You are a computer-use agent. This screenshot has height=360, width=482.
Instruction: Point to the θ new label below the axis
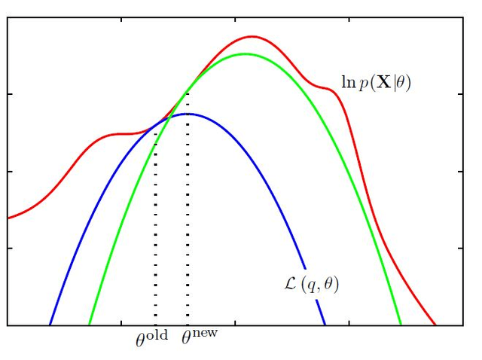pyautogui.click(x=199, y=337)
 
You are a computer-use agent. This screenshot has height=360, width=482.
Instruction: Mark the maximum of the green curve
pyautogui.click(x=244, y=53)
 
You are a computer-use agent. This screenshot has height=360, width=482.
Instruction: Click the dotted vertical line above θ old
pyautogui.click(x=155, y=226)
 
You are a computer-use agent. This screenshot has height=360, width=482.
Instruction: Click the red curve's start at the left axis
pyautogui.click(x=8, y=218)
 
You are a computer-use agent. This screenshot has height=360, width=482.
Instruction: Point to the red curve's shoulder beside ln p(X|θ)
pyautogui.click(x=327, y=87)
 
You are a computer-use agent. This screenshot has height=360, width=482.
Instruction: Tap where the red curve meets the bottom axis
pyautogui.click(x=435, y=325)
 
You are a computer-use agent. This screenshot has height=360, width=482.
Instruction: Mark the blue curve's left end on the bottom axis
pyautogui.click(x=50, y=325)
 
